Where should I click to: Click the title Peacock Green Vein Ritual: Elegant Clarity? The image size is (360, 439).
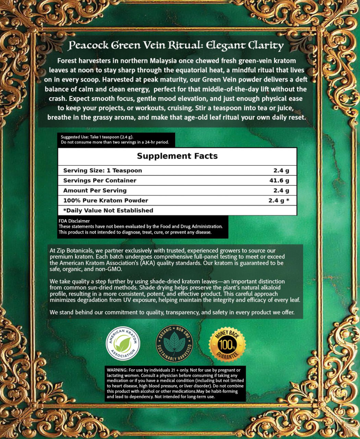pos(176,45)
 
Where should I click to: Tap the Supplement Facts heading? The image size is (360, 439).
pos(177,156)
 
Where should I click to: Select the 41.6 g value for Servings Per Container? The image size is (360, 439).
pos(279,180)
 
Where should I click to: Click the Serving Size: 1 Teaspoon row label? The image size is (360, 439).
pos(103,170)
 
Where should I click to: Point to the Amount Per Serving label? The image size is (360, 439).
pos(95,190)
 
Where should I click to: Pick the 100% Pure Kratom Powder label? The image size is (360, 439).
pos(106,200)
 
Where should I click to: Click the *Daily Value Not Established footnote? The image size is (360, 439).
pos(108,210)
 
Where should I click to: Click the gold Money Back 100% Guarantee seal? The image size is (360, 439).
pos(227,344)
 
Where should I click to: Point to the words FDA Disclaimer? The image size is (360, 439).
pos(74,221)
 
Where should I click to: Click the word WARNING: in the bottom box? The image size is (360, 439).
pos(117,370)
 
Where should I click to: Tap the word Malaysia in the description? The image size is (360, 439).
pos(163,61)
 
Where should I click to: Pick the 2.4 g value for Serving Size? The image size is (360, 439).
pos(281,170)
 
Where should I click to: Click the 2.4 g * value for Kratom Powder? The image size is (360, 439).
pos(279,200)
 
